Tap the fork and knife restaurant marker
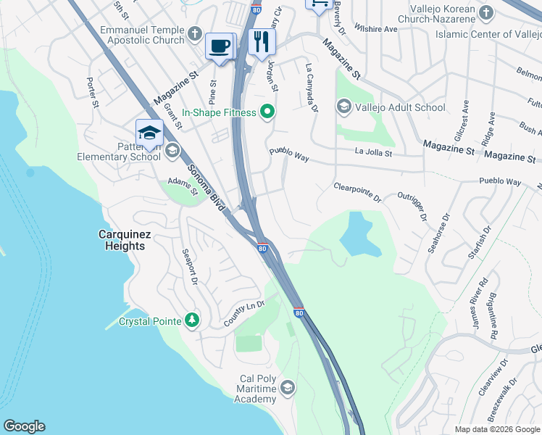(262, 42)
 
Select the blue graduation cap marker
(149, 133)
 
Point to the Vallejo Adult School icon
(343, 107)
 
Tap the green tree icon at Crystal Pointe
(191, 320)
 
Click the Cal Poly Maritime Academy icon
(288, 388)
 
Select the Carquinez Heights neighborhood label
(122, 240)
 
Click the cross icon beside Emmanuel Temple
(194, 33)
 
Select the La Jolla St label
(373, 153)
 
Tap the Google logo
(24, 426)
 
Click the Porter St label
(93, 93)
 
